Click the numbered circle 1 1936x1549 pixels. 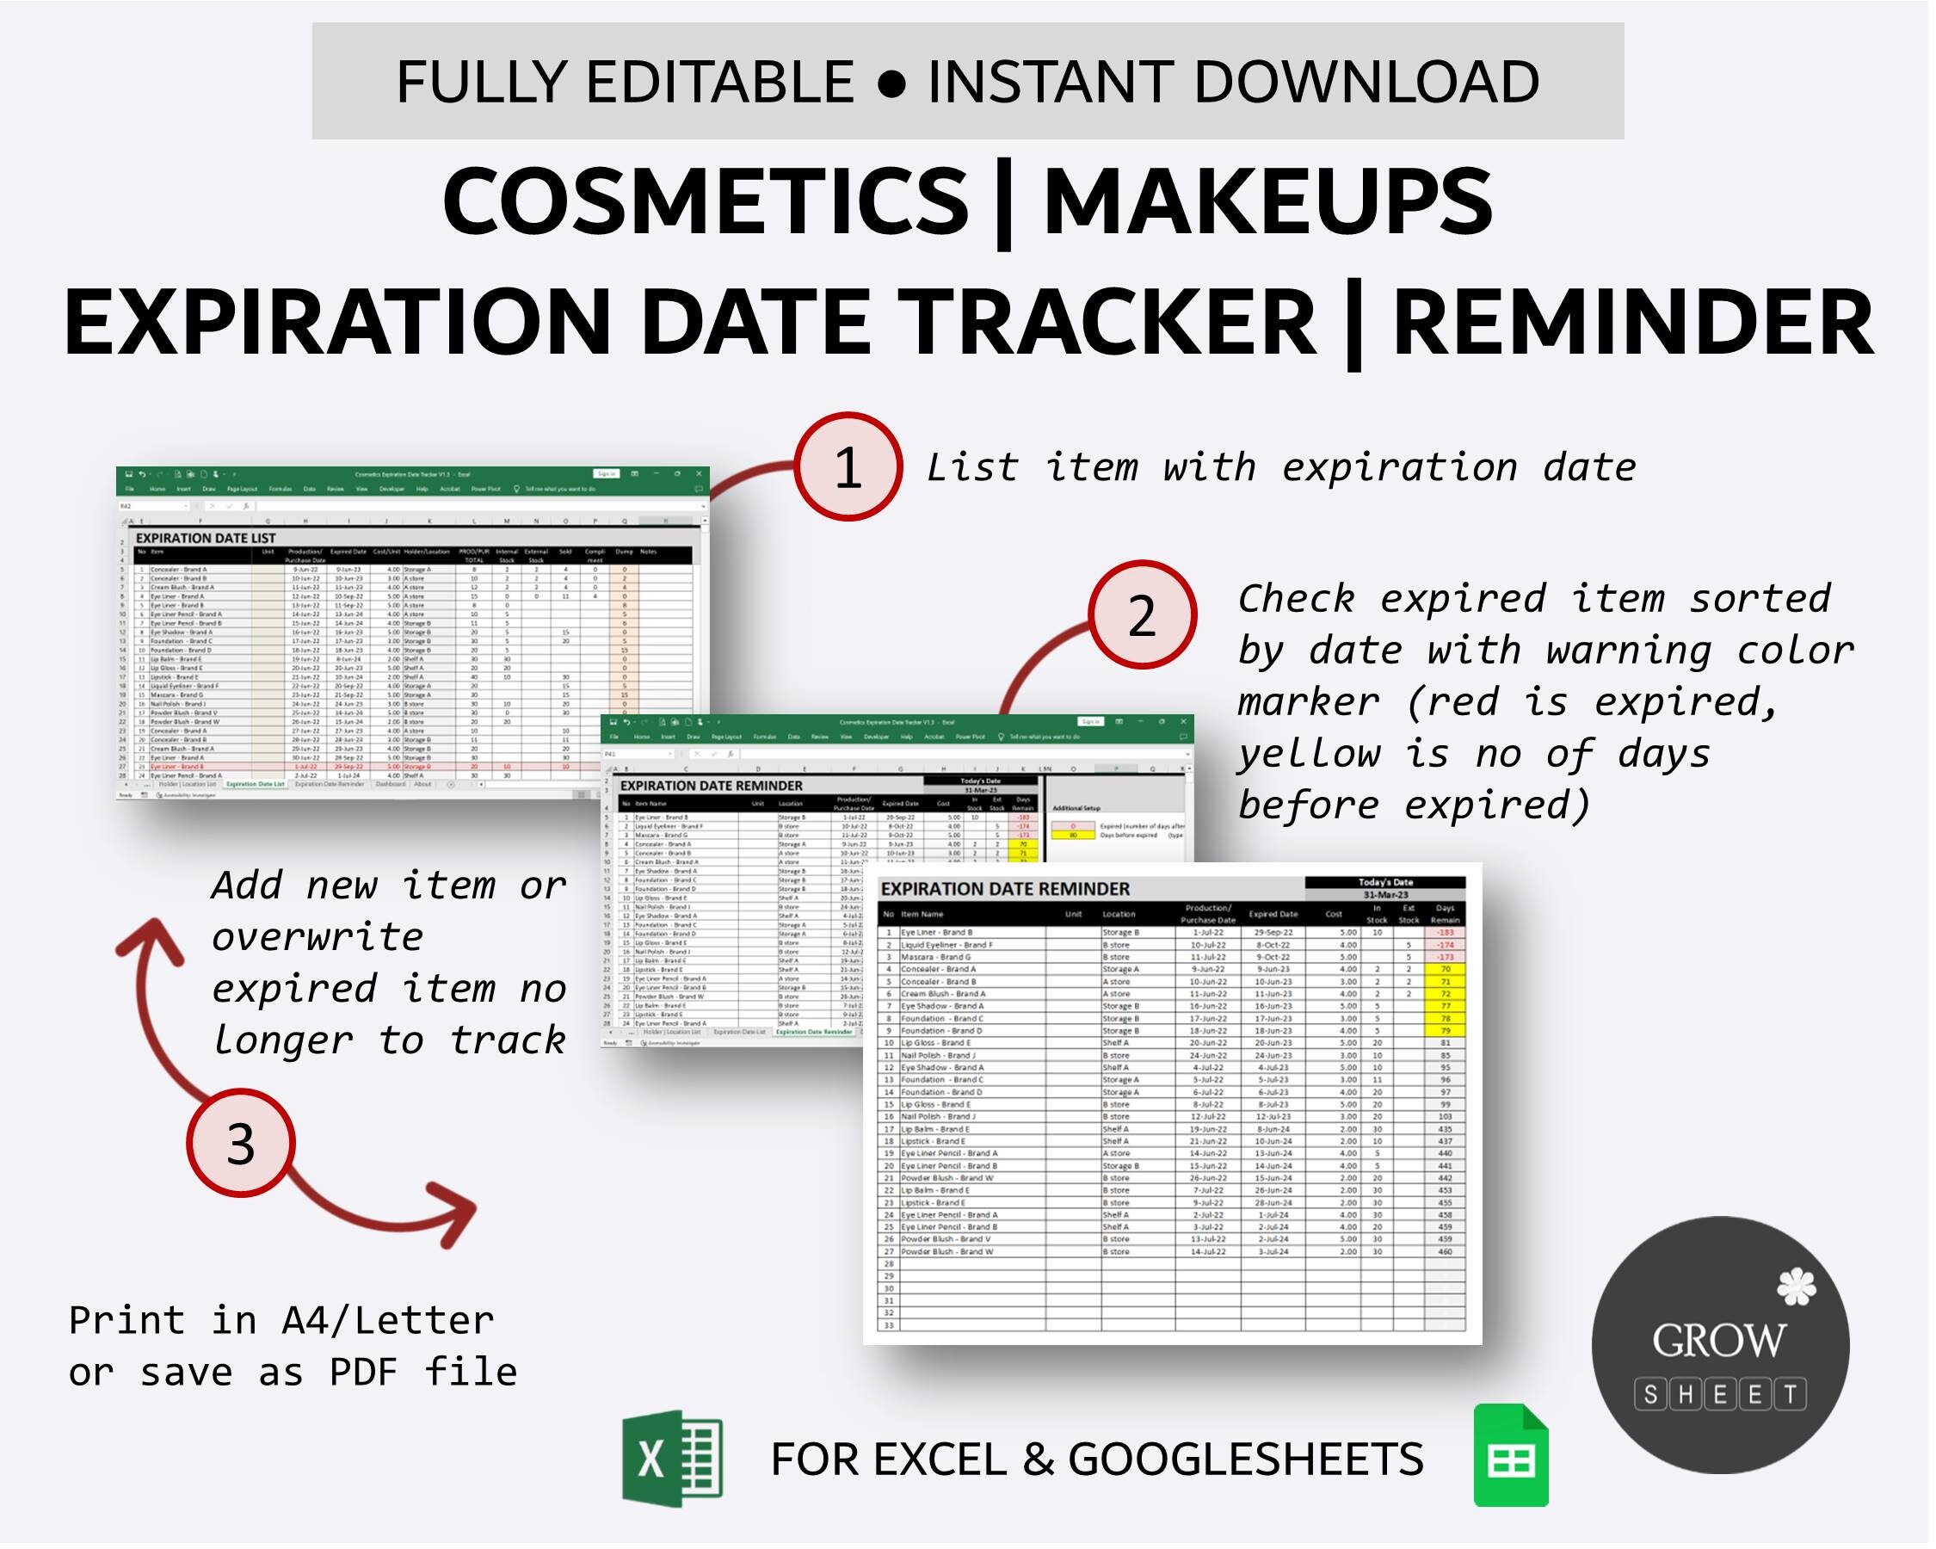(848, 467)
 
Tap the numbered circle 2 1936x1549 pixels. (1142, 616)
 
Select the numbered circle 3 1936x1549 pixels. (241, 1143)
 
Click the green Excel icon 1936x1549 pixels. (673, 1459)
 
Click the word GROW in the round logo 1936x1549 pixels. (1718, 1341)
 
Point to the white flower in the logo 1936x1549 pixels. (1796, 1287)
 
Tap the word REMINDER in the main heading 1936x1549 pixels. (1632, 322)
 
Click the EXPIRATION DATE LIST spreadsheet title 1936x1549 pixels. (206, 538)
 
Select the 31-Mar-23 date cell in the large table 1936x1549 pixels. (1384, 895)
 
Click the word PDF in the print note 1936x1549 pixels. (364, 1371)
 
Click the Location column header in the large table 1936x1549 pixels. (1119, 914)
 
